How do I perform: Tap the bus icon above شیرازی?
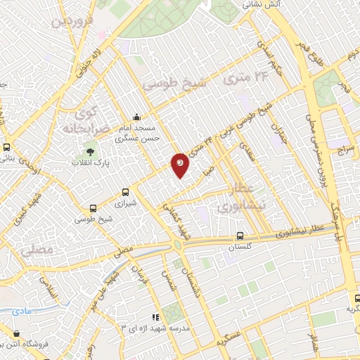pyautogui.click(x=126, y=191)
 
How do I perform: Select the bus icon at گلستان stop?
pyautogui.click(x=240, y=236)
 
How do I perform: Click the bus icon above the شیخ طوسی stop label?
pyautogui.click(x=94, y=207)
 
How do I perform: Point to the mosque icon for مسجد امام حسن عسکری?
pyautogui.click(x=136, y=117)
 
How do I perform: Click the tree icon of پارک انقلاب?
pyautogui.click(x=89, y=151)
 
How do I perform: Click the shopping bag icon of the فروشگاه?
pyautogui.click(x=15, y=333)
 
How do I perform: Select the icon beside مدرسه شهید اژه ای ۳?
pyautogui.click(x=156, y=317)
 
